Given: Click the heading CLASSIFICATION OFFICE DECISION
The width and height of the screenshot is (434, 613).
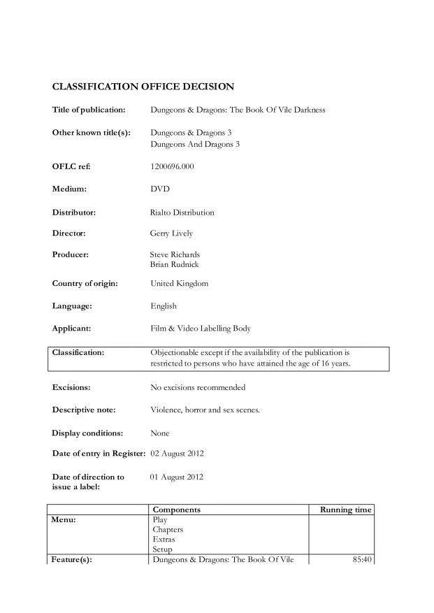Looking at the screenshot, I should click(x=143, y=87).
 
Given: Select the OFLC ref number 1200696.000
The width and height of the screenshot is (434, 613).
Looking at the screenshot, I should click(x=172, y=166).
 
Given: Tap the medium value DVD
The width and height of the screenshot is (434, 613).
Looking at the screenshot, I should click(x=160, y=189).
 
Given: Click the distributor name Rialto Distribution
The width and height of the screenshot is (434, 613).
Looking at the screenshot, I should click(x=182, y=212).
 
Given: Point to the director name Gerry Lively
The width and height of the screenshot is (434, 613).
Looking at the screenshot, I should click(x=171, y=233).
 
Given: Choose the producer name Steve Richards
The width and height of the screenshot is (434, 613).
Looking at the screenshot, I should click(x=175, y=255).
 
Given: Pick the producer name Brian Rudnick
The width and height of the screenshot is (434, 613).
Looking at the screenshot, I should click(x=175, y=265).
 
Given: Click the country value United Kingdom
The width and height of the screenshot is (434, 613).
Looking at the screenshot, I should click(x=179, y=284).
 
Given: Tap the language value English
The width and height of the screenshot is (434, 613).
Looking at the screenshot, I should click(x=164, y=306).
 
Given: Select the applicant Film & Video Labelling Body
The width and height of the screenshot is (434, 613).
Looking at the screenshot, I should click(x=201, y=329).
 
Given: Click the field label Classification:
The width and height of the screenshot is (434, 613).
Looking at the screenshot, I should click(x=78, y=353).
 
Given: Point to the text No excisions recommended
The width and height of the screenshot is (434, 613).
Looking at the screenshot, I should click(x=198, y=387).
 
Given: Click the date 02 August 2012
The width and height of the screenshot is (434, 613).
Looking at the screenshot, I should click(x=177, y=454).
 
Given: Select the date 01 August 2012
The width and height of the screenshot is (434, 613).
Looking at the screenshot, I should click(x=177, y=477).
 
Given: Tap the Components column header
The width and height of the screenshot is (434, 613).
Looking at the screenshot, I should click(x=176, y=510).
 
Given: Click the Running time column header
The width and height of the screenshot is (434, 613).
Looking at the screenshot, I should click(x=345, y=510).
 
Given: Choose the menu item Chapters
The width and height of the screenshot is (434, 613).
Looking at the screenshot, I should click(x=168, y=530).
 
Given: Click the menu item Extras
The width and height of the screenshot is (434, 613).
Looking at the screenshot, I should click(x=164, y=540).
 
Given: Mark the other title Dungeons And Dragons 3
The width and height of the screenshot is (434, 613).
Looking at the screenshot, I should click(x=191, y=144).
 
